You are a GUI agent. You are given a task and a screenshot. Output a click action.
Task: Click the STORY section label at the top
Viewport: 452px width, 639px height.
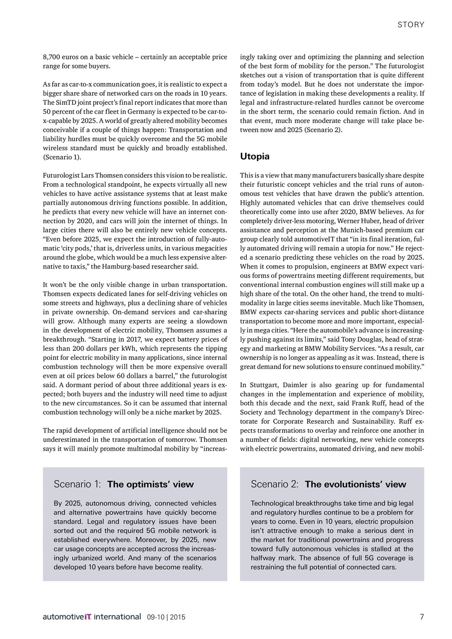click(x=412, y=24)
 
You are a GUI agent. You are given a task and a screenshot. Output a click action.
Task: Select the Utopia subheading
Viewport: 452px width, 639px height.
click(x=255, y=156)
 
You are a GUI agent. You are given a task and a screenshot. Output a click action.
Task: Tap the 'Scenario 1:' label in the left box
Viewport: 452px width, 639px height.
click(x=77, y=484)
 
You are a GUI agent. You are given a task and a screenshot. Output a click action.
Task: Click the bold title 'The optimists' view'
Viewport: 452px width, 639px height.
click(x=150, y=484)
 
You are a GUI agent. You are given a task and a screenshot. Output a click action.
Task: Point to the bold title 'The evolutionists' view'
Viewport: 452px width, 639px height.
click(x=355, y=484)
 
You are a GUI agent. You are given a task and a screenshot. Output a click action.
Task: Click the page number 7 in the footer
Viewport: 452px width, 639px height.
click(x=422, y=617)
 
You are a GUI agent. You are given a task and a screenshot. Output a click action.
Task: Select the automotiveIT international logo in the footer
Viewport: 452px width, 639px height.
click(x=91, y=617)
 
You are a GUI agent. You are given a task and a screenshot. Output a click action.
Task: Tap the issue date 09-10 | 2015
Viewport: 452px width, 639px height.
click(x=166, y=617)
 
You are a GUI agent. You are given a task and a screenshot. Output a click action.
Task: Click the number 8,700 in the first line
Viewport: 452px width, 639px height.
click(x=52, y=57)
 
